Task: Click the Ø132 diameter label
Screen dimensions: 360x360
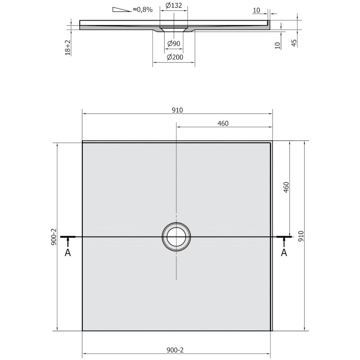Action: [x=174, y=5]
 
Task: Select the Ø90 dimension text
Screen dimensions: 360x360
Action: [x=174, y=43]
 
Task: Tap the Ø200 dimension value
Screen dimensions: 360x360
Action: [x=175, y=57]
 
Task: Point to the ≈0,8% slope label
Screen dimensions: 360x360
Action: [x=143, y=9]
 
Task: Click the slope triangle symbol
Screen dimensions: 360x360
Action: [x=121, y=9]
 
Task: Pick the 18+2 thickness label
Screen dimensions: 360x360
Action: [x=68, y=48]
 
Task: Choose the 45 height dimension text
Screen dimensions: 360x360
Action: [x=294, y=43]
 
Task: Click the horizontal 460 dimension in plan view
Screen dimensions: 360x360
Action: [x=223, y=123]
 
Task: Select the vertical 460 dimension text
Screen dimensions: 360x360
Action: [x=286, y=187]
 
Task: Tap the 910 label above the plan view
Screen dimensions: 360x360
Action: [x=177, y=110]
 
